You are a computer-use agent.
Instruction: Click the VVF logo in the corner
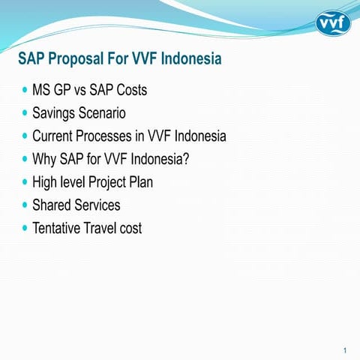[x=332, y=23]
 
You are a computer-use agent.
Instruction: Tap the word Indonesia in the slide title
[x=189, y=58]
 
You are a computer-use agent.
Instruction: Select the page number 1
[x=343, y=349]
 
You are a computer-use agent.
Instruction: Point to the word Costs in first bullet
[x=129, y=91]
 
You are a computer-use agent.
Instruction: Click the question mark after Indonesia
[x=184, y=159]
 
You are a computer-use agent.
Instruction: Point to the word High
[x=46, y=182]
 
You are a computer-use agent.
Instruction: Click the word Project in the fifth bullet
[x=112, y=182]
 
